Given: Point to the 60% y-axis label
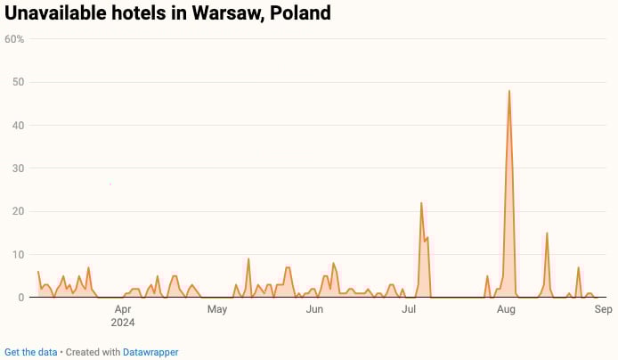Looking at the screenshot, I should [14, 39].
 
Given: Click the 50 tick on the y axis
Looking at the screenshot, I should [18, 82].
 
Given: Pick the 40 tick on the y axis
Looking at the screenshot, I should [18, 126].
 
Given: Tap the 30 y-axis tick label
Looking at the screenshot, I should [18, 168].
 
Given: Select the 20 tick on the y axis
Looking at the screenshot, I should [18, 211].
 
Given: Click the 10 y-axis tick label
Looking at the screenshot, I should [18, 255].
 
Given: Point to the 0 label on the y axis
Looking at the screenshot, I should [20, 298].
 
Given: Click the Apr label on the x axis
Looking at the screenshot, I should [123, 310].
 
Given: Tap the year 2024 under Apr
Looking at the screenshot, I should [124, 323].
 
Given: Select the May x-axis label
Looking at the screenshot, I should [217, 310].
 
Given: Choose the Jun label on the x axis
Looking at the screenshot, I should [314, 310].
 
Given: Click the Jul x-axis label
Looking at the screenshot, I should [410, 310].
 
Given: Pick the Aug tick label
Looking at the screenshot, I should [506, 310].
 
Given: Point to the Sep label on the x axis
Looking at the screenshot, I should [603, 310].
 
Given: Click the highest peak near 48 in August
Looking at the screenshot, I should [509, 91].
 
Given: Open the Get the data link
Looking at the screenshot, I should [31, 352].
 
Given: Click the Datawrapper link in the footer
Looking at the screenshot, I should [150, 352].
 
